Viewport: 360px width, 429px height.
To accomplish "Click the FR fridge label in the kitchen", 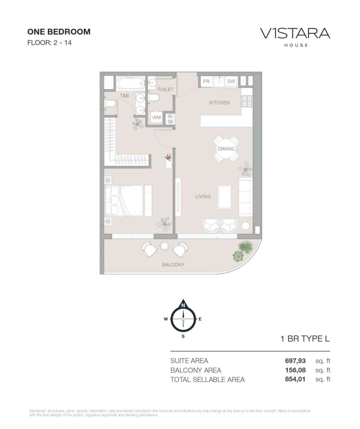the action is tap(206, 82).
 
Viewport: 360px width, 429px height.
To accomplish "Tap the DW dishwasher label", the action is tap(231, 82).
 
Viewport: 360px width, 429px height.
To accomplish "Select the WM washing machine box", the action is tap(156, 117).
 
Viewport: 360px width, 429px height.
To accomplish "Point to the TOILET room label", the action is tap(165, 89).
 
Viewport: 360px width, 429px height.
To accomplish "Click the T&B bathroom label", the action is tap(124, 95).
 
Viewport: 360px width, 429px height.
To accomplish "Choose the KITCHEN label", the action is tap(219, 103).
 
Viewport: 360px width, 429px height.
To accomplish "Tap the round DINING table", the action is tap(226, 149).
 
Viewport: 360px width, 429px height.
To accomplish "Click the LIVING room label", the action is tap(203, 196).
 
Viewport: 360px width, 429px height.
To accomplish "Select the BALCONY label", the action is tap(173, 265).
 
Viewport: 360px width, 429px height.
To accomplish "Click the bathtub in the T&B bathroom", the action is tap(131, 83).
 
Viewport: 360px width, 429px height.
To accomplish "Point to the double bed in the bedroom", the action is tap(124, 201).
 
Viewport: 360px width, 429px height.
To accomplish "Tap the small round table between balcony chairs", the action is tap(164, 246).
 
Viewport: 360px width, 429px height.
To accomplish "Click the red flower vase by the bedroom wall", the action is tap(168, 158).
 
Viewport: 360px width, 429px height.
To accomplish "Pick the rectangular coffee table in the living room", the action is tap(225, 197).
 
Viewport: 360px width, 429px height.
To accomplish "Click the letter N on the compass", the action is tap(183, 306).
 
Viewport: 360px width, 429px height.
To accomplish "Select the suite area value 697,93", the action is tap(295, 361).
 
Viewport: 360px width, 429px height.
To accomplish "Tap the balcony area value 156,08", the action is tap(295, 370).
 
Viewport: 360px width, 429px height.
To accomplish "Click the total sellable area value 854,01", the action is tap(295, 379).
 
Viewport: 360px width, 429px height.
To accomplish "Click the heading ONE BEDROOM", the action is tap(59, 32).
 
